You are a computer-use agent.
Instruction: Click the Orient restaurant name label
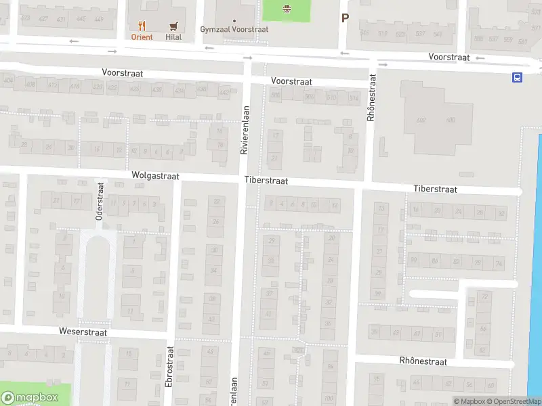pyautogui.click(x=142, y=37)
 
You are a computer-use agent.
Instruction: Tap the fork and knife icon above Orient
pyautogui.click(x=142, y=26)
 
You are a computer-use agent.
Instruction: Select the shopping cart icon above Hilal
pyautogui.click(x=173, y=26)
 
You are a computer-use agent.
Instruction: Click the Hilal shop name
pyautogui.click(x=173, y=37)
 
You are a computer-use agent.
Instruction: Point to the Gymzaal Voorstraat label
pyautogui.click(x=234, y=30)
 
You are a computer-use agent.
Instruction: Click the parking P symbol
pyautogui.click(x=345, y=18)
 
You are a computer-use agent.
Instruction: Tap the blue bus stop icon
pyautogui.click(x=518, y=77)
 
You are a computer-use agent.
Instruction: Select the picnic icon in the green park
pyautogui.click(x=286, y=8)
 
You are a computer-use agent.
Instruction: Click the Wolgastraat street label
pyautogui.click(x=155, y=175)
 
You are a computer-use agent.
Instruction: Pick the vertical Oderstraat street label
pyautogui.click(x=99, y=200)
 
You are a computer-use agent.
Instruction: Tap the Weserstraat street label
pyautogui.click(x=83, y=333)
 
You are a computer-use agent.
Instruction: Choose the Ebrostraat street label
pyautogui.click(x=169, y=367)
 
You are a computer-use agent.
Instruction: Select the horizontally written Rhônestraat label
pyautogui.click(x=423, y=362)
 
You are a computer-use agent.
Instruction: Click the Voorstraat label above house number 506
pyautogui.click(x=291, y=81)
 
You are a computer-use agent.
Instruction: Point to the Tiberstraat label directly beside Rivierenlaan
pyautogui.click(x=266, y=181)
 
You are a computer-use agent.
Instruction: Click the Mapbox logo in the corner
pyautogui.click(x=28, y=397)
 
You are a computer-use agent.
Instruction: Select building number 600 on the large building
pyautogui.click(x=451, y=120)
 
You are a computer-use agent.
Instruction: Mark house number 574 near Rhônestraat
pyautogui.click(x=353, y=98)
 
